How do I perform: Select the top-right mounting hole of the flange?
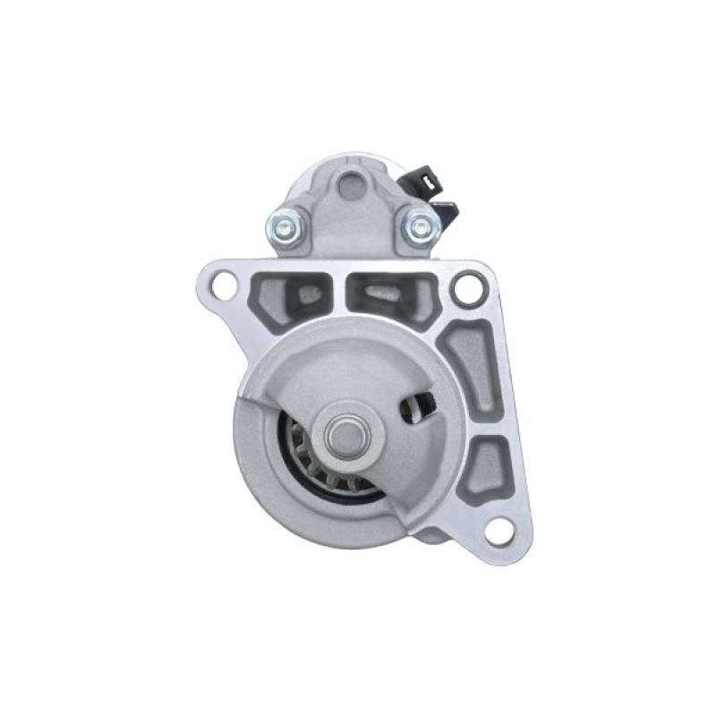(466, 287)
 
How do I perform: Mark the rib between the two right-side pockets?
(479, 428)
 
